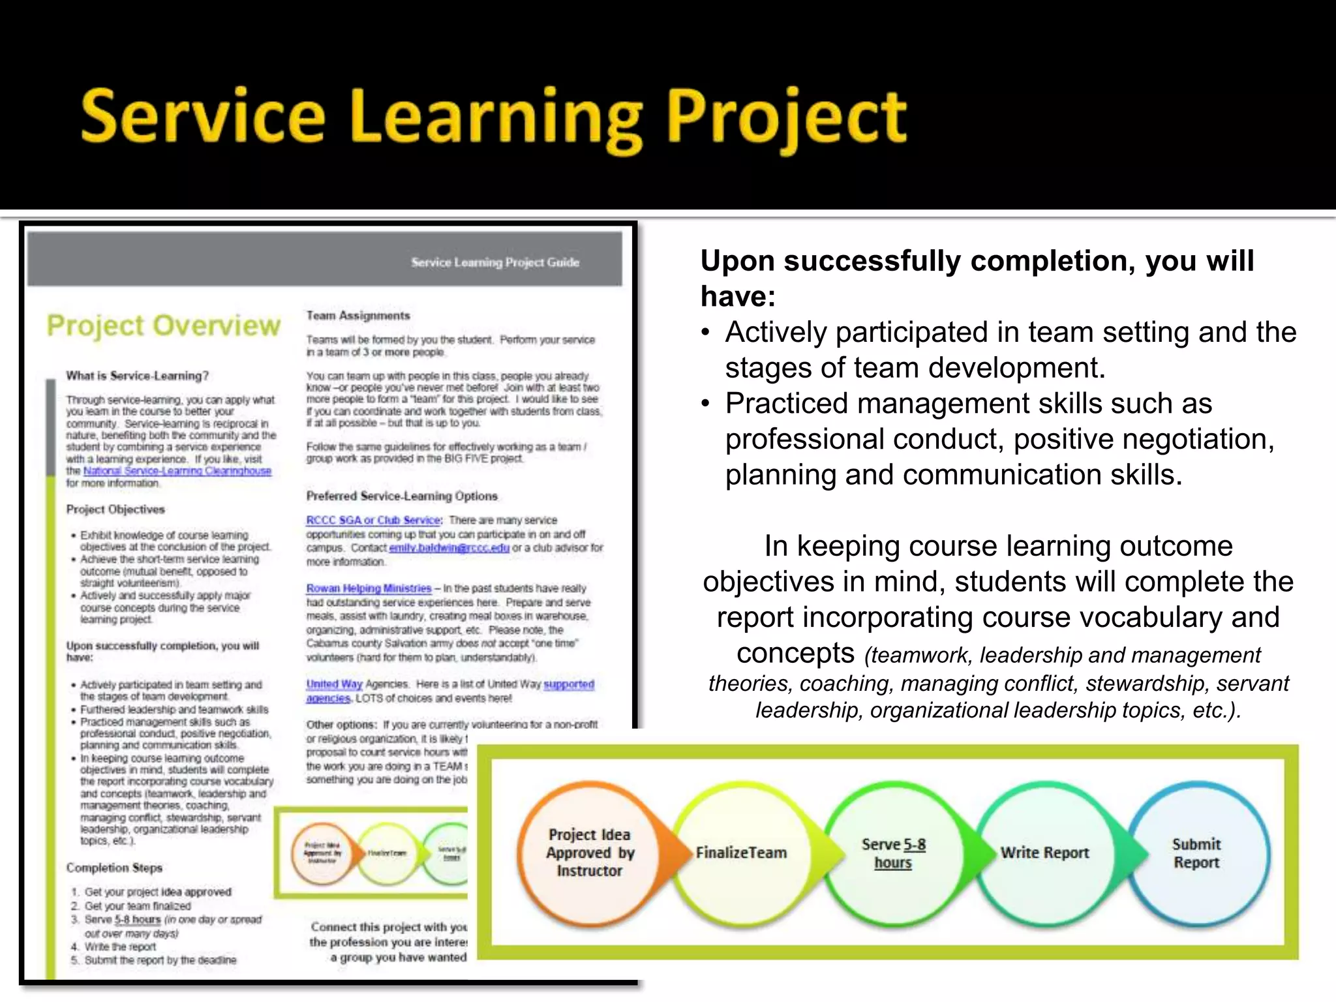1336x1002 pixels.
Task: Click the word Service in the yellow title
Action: [x=202, y=117]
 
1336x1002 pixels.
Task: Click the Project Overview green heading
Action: [x=163, y=326]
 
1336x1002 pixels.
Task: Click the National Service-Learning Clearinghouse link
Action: [x=177, y=471]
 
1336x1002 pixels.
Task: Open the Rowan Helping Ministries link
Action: [x=369, y=588]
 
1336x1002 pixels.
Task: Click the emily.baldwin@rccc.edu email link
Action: [x=449, y=548]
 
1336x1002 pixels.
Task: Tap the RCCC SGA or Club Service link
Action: [x=373, y=520]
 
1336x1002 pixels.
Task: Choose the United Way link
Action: [x=334, y=684]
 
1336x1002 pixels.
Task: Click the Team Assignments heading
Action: [x=358, y=316]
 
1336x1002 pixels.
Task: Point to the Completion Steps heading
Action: [x=114, y=868]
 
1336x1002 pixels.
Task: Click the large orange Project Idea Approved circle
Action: [x=589, y=852]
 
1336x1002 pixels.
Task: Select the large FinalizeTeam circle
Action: [x=741, y=852]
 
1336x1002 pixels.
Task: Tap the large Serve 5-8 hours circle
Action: [x=893, y=852]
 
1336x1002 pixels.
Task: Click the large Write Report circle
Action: [x=1044, y=852]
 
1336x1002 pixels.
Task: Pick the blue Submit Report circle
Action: [x=1196, y=852]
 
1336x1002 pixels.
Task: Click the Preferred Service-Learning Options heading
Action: [x=402, y=496]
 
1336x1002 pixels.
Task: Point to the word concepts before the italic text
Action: [x=795, y=652]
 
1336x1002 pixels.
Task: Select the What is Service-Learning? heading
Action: [x=137, y=376]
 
